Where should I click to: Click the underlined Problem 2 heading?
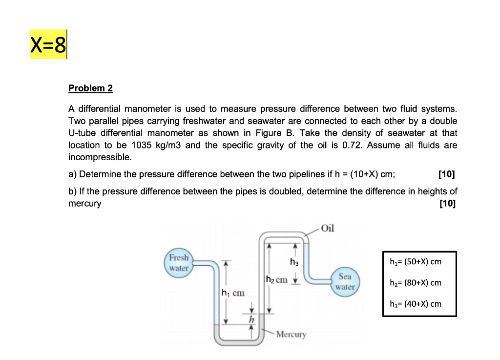click(x=90, y=88)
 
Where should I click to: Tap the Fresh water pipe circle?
click(x=179, y=263)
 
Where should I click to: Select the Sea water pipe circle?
click(x=345, y=282)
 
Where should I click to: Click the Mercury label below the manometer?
click(x=291, y=335)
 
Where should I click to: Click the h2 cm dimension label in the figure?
click(x=276, y=280)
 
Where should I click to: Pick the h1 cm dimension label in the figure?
click(x=233, y=293)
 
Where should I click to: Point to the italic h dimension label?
click(x=252, y=319)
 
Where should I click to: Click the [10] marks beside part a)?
click(x=447, y=174)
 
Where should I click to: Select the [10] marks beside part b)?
click(x=447, y=204)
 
